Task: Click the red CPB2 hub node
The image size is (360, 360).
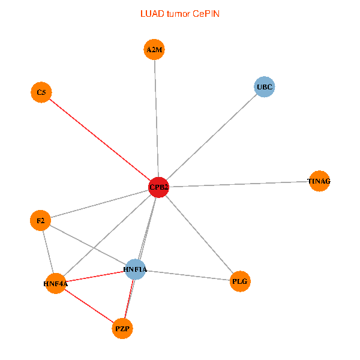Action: [158, 188]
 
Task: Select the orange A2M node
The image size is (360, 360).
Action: [154, 50]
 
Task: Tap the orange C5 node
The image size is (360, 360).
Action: [41, 92]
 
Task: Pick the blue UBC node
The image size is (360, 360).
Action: [264, 87]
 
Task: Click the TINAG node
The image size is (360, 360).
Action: [319, 181]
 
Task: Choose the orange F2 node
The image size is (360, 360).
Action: [40, 221]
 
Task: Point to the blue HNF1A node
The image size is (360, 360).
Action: [135, 269]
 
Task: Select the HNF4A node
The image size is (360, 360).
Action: [55, 283]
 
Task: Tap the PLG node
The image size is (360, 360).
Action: [239, 281]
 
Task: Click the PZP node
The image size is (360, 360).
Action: [123, 328]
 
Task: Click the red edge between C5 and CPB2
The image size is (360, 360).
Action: [99, 140]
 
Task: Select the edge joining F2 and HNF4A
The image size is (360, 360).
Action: [47, 252]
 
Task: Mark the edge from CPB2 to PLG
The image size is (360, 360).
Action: [199, 234]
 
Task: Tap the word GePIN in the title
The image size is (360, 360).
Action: [206, 13]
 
